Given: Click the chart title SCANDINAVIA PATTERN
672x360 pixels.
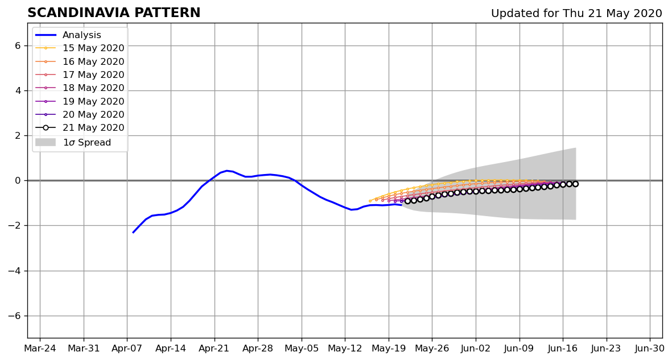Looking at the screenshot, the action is click(114, 13).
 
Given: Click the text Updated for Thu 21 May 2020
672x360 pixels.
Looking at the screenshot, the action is click(576, 13).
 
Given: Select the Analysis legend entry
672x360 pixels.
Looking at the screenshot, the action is click(68, 35).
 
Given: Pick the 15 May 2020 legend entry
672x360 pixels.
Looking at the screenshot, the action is click(80, 48).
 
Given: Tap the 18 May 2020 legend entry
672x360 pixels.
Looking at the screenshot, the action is click(80, 88).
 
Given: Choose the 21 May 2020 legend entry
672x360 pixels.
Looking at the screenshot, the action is click(80, 128).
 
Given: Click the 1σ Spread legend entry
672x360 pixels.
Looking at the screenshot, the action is click(73, 142).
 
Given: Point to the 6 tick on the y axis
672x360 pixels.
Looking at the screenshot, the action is click(18, 45).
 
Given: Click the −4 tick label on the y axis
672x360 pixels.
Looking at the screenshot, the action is click(15, 271).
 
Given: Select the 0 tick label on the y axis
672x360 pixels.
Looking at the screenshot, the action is click(18, 180).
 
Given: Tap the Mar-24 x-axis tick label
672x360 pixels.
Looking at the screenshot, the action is click(40, 349).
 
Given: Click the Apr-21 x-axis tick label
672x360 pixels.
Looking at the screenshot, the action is click(215, 349).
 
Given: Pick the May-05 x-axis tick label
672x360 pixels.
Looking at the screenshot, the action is click(302, 349).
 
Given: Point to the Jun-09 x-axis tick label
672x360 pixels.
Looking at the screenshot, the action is click(520, 349).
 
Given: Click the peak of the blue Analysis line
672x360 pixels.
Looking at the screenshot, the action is click(226, 171).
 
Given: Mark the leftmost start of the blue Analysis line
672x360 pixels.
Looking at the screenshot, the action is click(133, 233).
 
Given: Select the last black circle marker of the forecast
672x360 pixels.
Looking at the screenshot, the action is click(575, 184).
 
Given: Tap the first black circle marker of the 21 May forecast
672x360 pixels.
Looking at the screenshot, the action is click(407, 201).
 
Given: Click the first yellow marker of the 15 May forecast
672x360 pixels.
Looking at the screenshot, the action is click(370, 201).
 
